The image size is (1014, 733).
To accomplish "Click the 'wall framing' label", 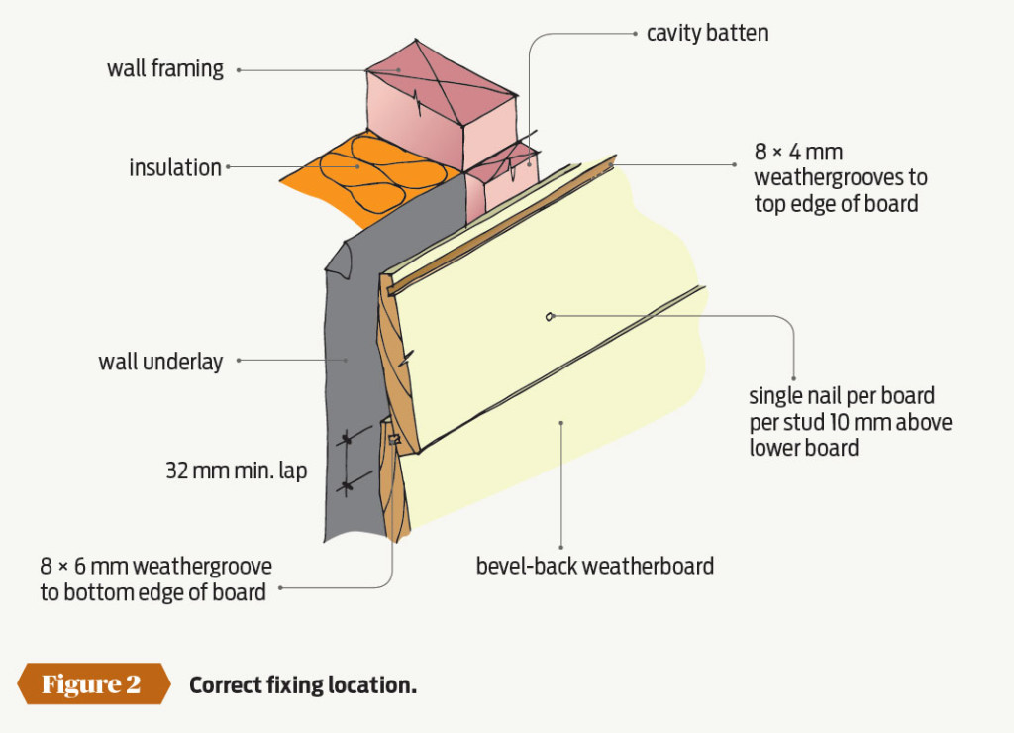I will (x=165, y=69).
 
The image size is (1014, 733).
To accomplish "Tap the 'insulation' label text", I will (x=175, y=167).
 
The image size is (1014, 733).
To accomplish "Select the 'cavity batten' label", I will (x=707, y=33).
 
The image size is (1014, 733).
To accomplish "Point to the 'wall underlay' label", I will (x=160, y=362).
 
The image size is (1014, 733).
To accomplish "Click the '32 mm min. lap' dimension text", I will (x=236, y=471).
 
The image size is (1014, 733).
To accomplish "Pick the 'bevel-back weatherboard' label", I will (x=594, y=567).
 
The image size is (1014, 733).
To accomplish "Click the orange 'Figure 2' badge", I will (x=90, y=684).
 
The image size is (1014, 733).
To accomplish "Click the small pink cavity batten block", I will (x=505, y=178).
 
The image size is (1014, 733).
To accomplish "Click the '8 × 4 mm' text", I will (x=798, y=154).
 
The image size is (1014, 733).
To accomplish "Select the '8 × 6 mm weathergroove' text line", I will (x=155, y=567).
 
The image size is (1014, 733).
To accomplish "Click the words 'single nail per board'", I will (x=842, y=396).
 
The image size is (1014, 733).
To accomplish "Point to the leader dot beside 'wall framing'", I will (x=239, y=70).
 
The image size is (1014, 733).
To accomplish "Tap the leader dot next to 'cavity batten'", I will (x=634, y=33).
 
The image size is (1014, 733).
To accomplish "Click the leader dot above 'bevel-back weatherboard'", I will (x=561, y=423).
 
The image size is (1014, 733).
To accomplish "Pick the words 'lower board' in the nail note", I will (x=803, y=448).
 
